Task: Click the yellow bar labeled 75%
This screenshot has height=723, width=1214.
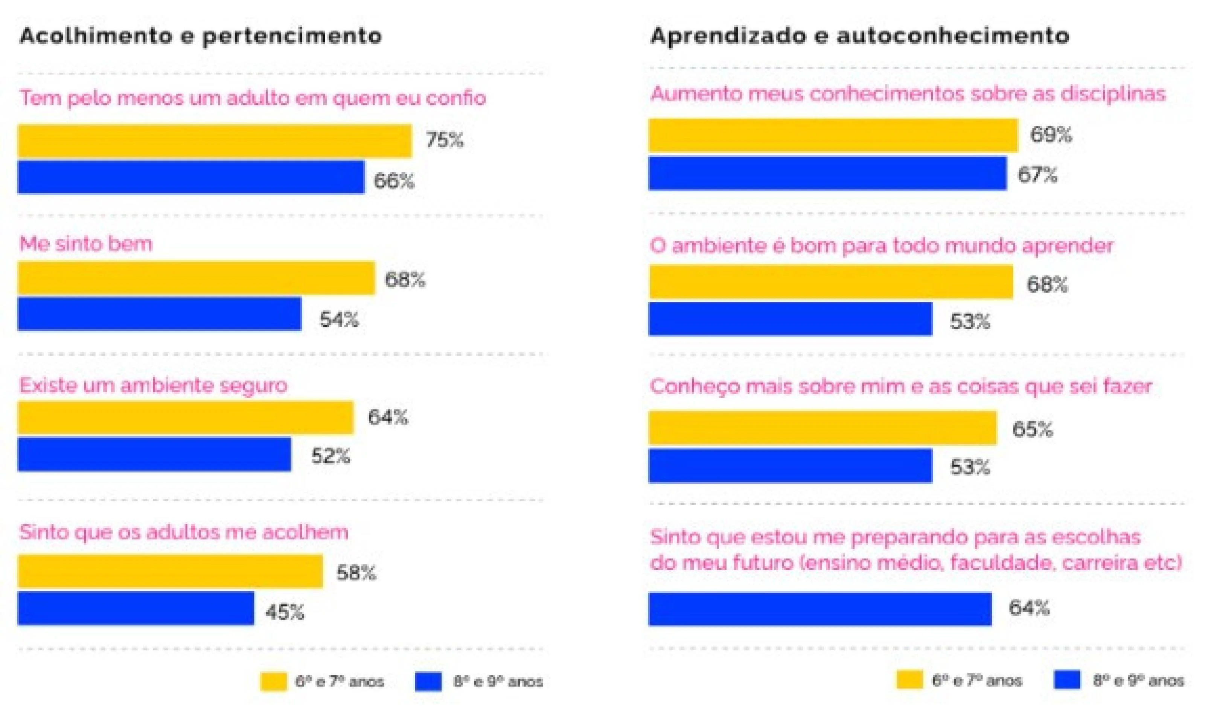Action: coord(215,141)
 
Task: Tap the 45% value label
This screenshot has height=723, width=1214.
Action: coord(284,612)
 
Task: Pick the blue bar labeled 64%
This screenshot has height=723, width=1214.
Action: coord(820,609)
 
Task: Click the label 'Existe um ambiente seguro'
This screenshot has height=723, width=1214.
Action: coord(153,385)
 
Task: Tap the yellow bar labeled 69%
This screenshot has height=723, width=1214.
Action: coord(833,135)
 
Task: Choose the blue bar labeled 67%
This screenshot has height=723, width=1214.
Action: coord(827,173)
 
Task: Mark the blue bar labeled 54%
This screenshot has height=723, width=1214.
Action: coord(159,314)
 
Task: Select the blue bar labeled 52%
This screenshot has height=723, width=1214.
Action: coord(154,454)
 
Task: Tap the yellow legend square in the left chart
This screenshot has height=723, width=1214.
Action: coord(273,682)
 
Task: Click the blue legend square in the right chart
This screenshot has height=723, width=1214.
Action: coord(1067,680)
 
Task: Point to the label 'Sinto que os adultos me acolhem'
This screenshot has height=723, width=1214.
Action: coord(184,532)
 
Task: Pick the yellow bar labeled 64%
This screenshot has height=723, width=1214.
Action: coord(186,417)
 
